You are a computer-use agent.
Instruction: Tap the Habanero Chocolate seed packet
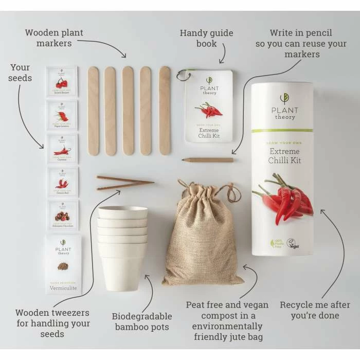coord(62,214)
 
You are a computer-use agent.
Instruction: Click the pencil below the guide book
coord(208,160)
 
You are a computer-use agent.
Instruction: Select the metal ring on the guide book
coord(182,76)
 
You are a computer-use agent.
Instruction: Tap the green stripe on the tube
coord(282,131)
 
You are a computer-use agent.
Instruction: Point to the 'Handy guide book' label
coord(206,38)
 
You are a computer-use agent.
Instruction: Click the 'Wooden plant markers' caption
coord(54,38)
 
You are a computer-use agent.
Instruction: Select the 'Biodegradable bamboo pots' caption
coord(142,321)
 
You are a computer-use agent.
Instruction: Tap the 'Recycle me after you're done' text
coord(315,310)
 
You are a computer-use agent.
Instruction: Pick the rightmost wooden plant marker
coord(165,111)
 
